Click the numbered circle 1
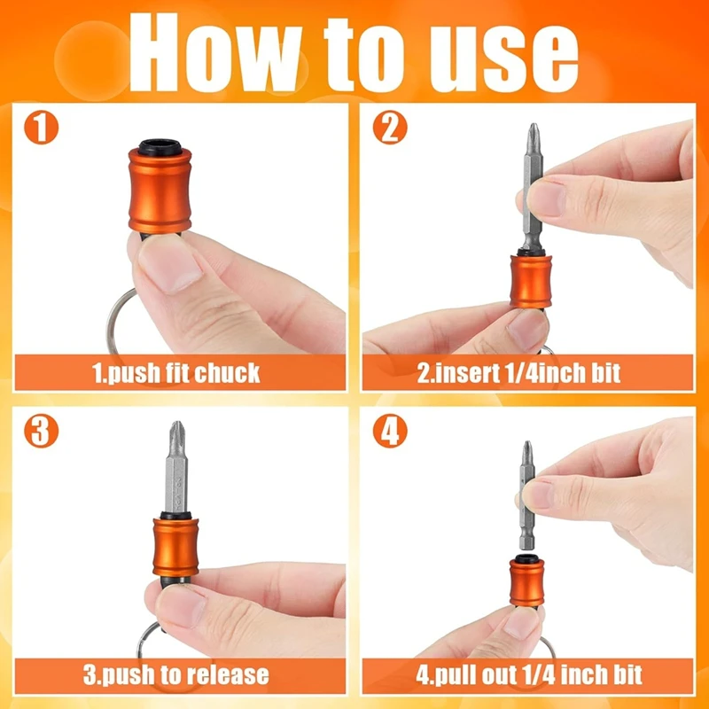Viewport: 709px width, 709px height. (41, 127)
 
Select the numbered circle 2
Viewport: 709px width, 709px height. (390, 127)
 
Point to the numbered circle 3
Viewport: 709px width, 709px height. (41, 431)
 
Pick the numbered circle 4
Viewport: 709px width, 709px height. (390, 431)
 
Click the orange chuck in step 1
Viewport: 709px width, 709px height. (160, 190)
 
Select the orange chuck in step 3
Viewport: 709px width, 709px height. (175, 547)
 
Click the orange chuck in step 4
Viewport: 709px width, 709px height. (526, 582)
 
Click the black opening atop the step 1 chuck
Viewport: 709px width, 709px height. (160, 147)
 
